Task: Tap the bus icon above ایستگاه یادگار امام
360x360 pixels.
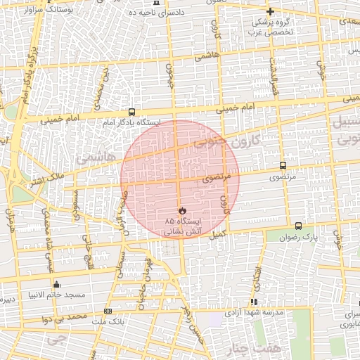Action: [x=131, y=112]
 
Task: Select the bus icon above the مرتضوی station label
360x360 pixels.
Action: [x=283, y=166]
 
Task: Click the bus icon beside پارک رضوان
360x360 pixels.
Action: [x=299, y=226]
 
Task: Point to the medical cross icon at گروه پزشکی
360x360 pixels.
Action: [x=270, y=11]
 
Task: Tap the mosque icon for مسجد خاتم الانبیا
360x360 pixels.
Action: [x=57, y=284]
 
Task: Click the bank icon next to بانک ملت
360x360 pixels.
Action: [x=107, y=311]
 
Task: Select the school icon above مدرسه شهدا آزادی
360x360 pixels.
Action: [x=255, y=302]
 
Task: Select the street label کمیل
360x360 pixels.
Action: [x=217, y=234]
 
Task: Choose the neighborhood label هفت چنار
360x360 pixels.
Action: [x=240, y=349]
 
